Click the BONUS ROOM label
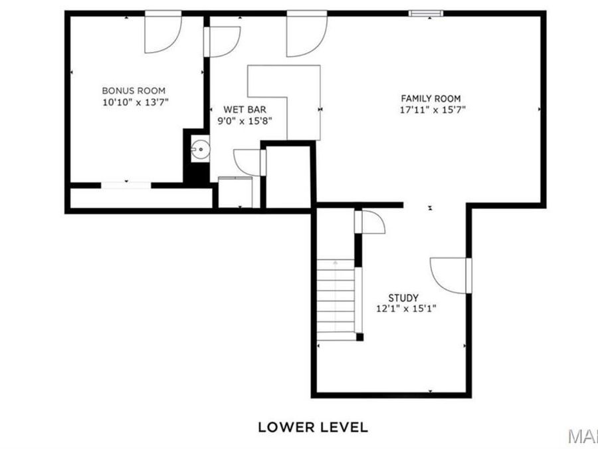[134, 90]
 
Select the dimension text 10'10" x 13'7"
[134, 102]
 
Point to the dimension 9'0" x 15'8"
[245, 120]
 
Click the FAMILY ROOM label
[431, 98]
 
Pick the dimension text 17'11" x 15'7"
[431, 110]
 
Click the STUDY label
[403, 298]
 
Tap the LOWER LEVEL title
[312, 427]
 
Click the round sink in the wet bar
[200, 150]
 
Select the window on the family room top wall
[427, 13]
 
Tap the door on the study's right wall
[450, 274]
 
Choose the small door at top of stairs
[371, 222]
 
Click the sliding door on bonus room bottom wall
[126, 184]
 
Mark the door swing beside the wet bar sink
[248, 162]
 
